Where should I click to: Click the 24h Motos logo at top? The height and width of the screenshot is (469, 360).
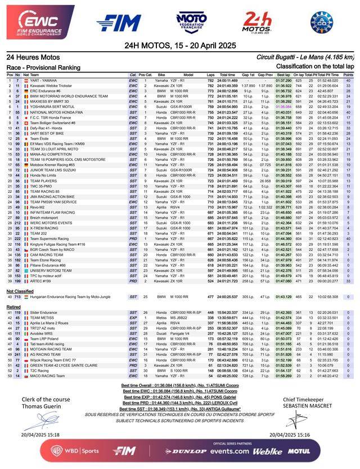(x=257, y=21)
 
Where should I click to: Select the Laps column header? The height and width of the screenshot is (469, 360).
(x=210, y=74)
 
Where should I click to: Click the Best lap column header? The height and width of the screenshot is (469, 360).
(x=283, y=74)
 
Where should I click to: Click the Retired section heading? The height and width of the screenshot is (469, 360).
(x=13, y=307)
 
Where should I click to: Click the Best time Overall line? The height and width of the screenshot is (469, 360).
(x=179, y=385)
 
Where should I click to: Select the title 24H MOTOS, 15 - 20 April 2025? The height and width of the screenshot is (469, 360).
(x=179, y=45)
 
